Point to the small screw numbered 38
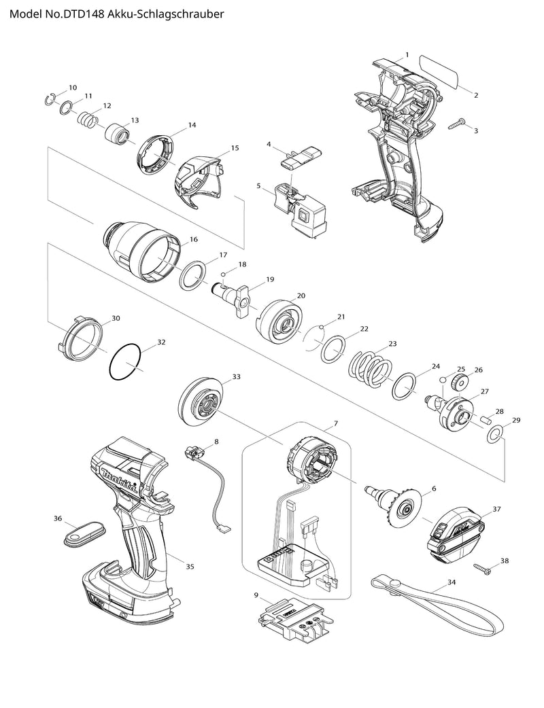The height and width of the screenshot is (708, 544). click(485, 565)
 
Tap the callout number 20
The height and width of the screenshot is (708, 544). click(301, 296)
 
